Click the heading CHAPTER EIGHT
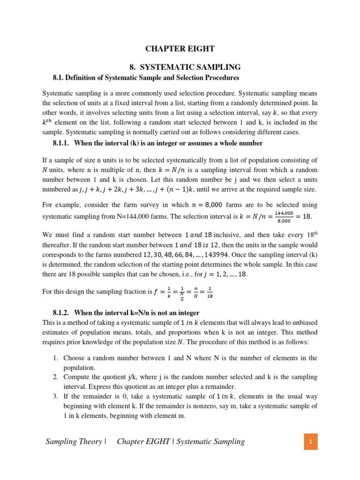click(x=180, y=48)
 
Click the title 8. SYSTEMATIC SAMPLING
click(x=180, y=67)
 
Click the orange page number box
click(x=310, y=441)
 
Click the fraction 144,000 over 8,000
click(x=285, y=217)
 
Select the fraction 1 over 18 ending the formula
click(x=210, y=292)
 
